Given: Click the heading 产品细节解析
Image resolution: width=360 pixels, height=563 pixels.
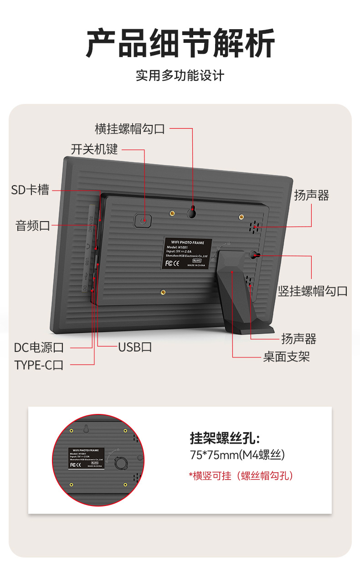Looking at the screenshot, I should click(180, 43).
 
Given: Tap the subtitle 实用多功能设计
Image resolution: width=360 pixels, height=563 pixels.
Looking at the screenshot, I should click(180, 75).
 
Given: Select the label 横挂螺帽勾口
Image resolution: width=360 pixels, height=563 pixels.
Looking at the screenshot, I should click(130, 129).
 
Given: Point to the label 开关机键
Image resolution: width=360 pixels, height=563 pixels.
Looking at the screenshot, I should click(94, 149).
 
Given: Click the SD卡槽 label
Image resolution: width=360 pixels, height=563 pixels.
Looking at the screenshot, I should click(30, 190).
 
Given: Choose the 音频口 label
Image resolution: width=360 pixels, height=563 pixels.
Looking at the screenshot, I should click(33, 225).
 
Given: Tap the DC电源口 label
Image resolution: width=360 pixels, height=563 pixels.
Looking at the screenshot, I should click(39, 348).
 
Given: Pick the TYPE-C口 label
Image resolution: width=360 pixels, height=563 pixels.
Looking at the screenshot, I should click(39, 365).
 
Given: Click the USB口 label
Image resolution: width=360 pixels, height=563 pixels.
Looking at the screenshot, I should click(135, 347).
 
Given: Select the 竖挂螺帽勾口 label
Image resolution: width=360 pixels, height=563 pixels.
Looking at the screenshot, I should click(313, 291).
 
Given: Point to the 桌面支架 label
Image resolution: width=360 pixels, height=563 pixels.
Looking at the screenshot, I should click(287, 356).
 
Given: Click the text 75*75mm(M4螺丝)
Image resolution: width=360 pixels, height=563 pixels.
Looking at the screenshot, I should click(237, 455).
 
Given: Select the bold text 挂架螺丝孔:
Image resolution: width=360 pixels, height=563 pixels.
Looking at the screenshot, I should click(225, 439).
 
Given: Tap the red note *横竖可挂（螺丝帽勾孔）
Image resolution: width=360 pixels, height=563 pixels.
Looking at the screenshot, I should click(241, 475).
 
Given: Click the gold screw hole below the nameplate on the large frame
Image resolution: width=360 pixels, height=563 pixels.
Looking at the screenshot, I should click(163, 292).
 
